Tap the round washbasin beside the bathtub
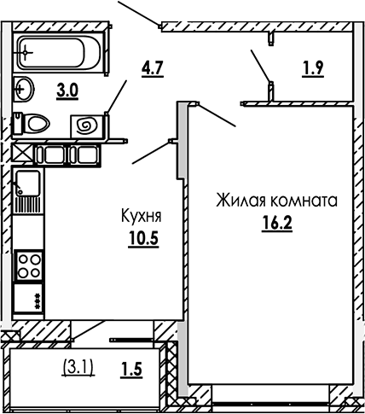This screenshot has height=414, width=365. pyautogui.click(x=23, y=88)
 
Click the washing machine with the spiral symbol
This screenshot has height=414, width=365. pyautogui.click(x=86, y=125)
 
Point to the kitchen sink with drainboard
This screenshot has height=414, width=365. pyautogui.click(x=26, y=192)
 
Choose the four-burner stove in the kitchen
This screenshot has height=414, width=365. pyautogui.click(x=30, y=263)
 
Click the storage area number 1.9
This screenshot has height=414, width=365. pyautogui.click(x=314, y=69)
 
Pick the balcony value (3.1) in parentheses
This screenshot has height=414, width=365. pyautogui.click(x=78, y=368)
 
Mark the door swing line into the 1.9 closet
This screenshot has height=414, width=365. pyautogui.click(x=260, y=67)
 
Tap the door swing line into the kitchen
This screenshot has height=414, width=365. pyautogui.click(x=152, y=151)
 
